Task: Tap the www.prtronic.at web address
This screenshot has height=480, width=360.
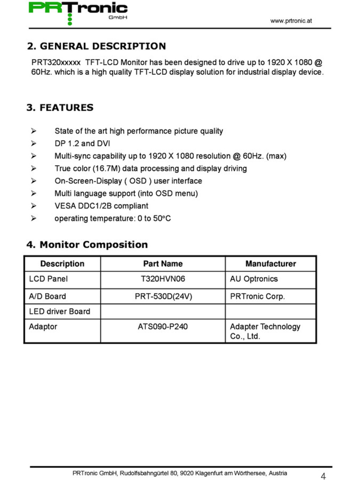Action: coord(291,21)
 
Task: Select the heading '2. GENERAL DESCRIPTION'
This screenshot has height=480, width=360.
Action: coord(96,46)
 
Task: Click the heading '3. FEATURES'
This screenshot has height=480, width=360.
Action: coord(60,107)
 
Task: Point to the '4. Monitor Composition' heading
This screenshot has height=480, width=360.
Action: coord(87,245)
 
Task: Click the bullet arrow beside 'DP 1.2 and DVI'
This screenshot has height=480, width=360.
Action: coord(33,143)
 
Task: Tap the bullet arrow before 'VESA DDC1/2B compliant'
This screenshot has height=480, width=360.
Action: coord(33,206)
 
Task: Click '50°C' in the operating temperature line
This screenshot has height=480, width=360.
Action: coord(162,218)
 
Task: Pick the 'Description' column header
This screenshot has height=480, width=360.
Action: coord(62,264)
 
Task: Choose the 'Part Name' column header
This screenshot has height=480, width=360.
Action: coord(163,264)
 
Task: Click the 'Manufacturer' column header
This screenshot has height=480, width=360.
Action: coord(270,264)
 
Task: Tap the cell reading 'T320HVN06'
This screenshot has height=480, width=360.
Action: coord(163,279)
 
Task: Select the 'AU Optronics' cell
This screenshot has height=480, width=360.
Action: coord(254,279)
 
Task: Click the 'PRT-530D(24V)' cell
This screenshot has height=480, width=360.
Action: coord(163,297)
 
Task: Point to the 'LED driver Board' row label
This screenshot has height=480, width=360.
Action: coord(60,311)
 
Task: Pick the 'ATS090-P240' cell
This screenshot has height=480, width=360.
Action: coord(163,327)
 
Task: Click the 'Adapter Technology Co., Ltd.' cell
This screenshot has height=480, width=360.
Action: coord(265,331)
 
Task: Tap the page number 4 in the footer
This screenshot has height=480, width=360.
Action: coord(323,476)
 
